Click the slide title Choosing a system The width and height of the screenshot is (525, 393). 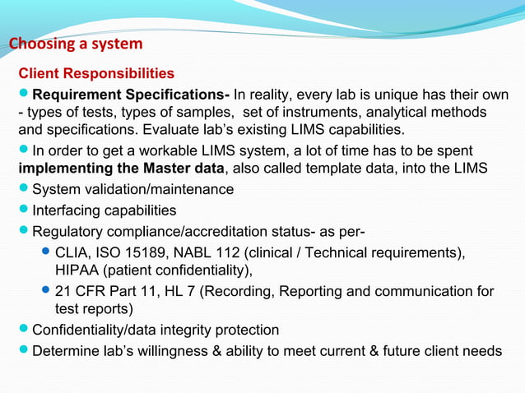click(75, 44)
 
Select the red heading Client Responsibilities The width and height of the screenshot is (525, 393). click(96, 73)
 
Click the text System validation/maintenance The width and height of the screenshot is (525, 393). click(132, 189)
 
